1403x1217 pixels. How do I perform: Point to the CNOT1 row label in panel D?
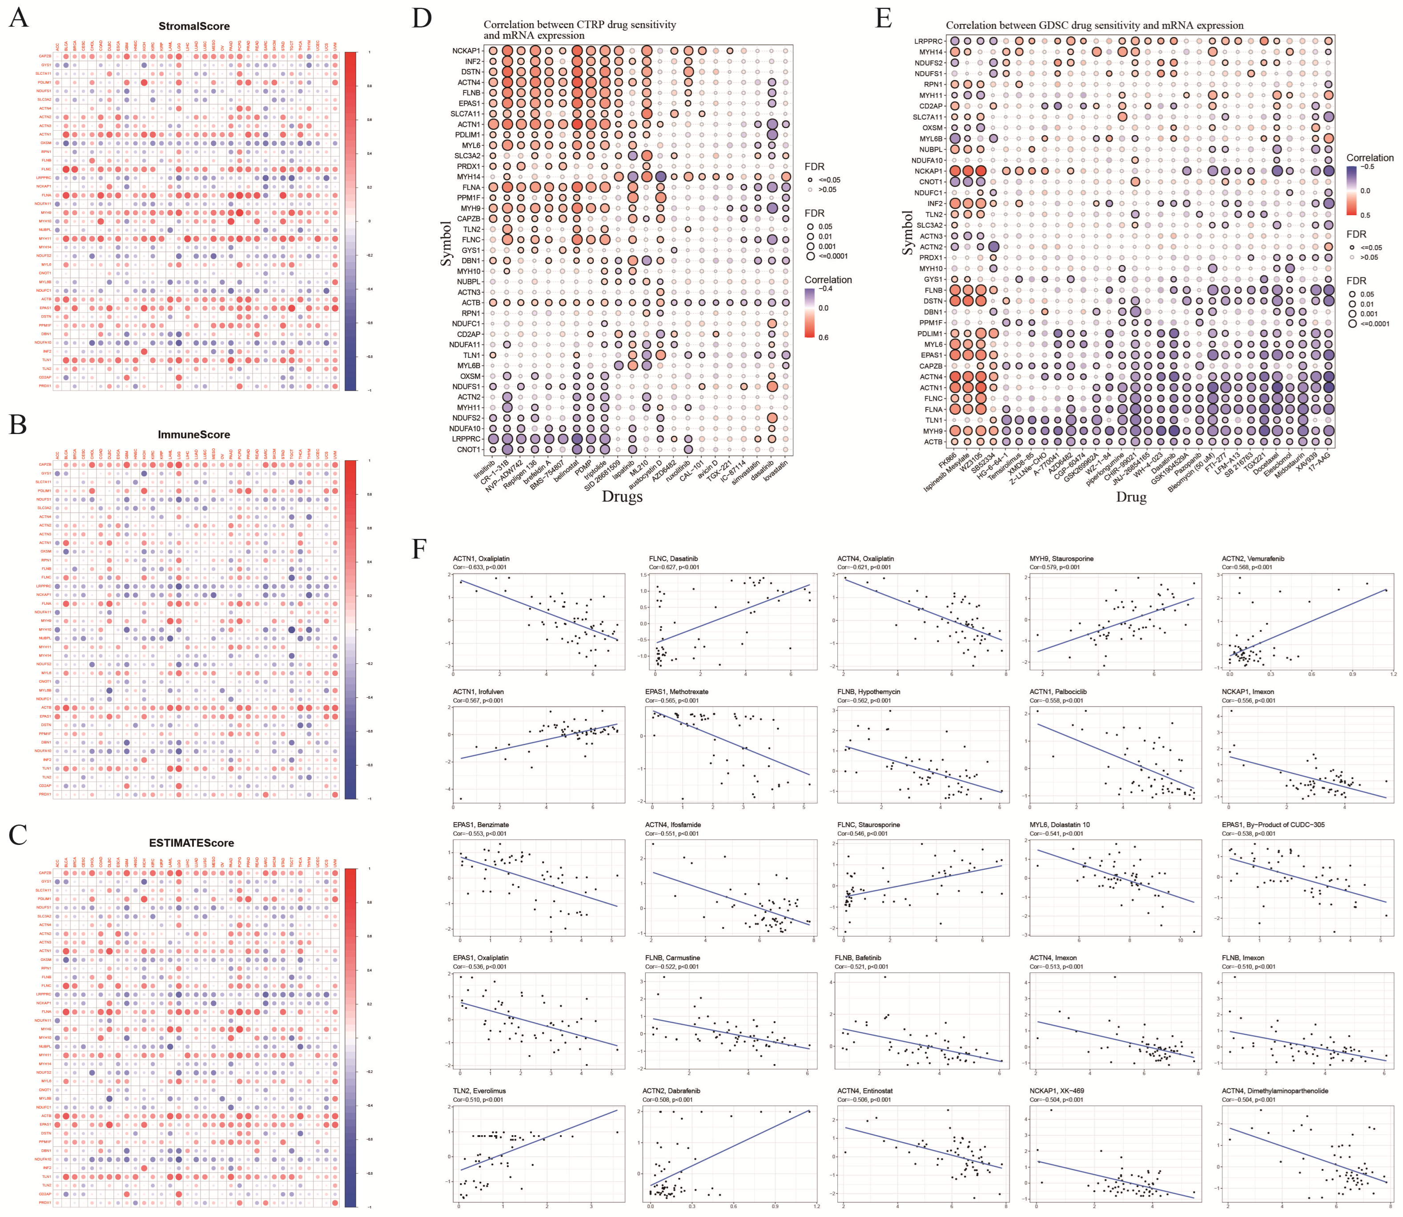coord(469,450)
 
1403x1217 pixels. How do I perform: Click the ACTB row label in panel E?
coord(933,442)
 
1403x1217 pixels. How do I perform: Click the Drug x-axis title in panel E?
coord(1131,497)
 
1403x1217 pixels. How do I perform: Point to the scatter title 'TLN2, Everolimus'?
coord(479,1091)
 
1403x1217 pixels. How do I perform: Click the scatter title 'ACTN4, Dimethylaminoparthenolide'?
coord(1274,1091)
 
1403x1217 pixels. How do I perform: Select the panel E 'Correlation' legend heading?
coord(1370,157)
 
